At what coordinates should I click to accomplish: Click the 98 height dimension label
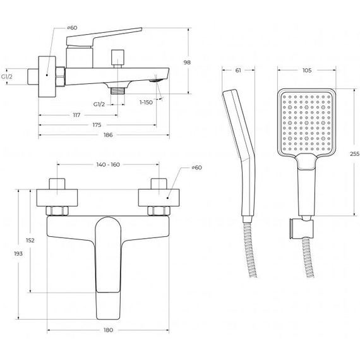(187, 63)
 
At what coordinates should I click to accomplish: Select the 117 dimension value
(76, 115)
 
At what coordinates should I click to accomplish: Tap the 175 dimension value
(97, 125)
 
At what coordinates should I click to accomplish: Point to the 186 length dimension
(108, 135)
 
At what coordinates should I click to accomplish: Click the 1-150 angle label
(146, 102)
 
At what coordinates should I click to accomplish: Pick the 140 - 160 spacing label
(108, 164)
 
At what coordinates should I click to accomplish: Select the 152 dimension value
(30, 241)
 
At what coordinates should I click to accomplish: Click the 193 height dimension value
(18, 253)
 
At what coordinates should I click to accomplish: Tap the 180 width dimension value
(109, 330)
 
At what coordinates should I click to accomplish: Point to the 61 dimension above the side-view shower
(238, 70)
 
